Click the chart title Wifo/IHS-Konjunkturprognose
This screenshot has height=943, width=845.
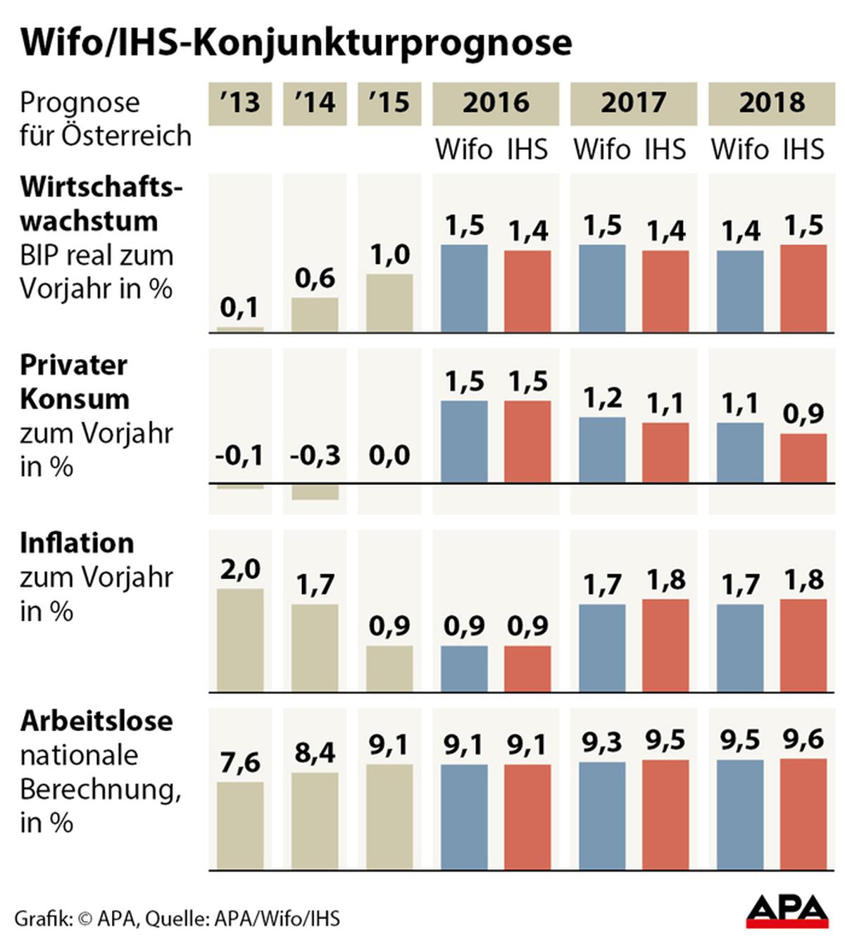pyautogui.click(x=296, y=42)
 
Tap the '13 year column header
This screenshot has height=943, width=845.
pyautogui.click(x=240, y=103)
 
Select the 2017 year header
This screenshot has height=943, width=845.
pyautogui.click(x=633, y=103)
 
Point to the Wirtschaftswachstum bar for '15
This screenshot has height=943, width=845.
pyautogui.click(x=389, y=303)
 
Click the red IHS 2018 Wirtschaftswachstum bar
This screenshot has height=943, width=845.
pyautogui.click(x=803, y=289)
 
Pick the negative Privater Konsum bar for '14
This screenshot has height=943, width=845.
pyautogui.click(x=315, y=491)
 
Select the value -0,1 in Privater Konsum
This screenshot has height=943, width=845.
pyautogui.click(x=239, y=455)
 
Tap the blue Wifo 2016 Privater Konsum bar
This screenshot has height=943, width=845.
pyautogui.click(x=464, y=441)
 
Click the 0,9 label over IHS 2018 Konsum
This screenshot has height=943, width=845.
pyautogui.click(x=803, y=414)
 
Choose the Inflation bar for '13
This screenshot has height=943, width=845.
pyautogui.click(x=240, y=640)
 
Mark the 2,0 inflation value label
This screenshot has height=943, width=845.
pyautogui.click(x=240, y=569)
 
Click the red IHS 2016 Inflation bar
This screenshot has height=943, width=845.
pyautogui.click(x=527, y=669)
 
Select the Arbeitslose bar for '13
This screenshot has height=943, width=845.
pyautogui.click(x=240, y=825)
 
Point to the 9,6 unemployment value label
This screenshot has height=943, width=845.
pyautogui.click(x=803, y=740)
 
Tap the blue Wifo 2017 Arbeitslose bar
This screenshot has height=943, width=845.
pyautogui.click(x=602, y=816)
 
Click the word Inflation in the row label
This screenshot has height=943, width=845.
pyautogui.click(x=77, y=543)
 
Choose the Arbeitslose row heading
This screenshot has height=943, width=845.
pyautogui.click(x=96, y=721)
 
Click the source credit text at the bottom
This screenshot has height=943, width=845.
pyautogui.click(x=177, y=918)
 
